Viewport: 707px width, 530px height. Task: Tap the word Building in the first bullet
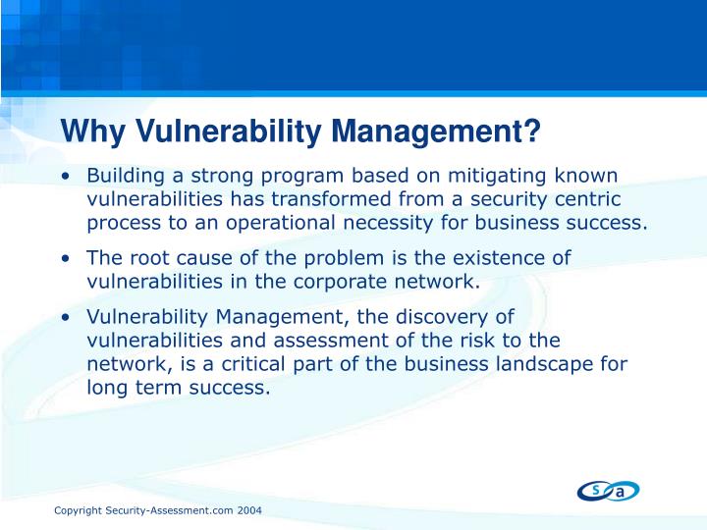coord(124,176)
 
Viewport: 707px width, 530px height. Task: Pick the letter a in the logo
coord(621,492)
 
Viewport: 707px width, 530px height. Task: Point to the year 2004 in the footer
coord(248,512)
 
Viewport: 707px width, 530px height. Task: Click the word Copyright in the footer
coord(78,512)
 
